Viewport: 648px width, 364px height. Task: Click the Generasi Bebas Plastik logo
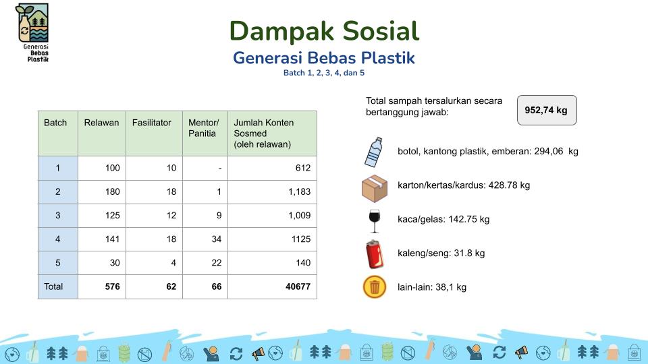point(32,32)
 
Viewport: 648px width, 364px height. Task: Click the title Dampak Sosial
point(325,31)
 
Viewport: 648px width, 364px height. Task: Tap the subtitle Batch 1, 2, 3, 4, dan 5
point(324,73)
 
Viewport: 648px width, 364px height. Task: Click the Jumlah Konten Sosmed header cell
point(272,133)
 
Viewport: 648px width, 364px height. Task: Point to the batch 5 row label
point(58,263)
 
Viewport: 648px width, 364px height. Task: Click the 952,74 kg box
point(547,110)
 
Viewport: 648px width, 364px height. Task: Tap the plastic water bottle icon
point(373,152)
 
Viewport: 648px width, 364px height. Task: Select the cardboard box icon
point(375,189)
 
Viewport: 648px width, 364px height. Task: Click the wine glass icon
point(375,221)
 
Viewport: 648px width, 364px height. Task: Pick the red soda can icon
point(375,254)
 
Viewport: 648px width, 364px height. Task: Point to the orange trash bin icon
point(375,287)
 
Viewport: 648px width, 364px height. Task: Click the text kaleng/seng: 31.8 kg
point(441,253)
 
